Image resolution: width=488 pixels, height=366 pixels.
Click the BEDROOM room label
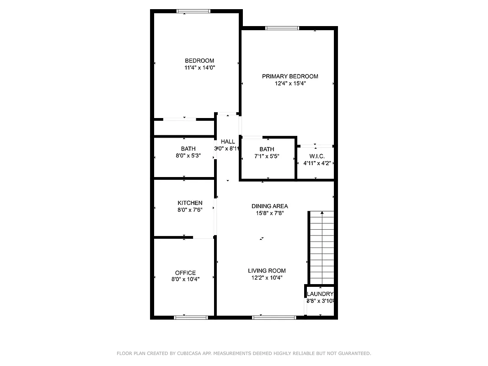[x=199, y=61]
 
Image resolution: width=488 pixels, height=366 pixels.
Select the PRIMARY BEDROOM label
[x=290, y=76]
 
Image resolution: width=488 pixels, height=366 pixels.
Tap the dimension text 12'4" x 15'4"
[x=290, y=84]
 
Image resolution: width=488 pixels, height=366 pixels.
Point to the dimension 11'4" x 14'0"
[x=199, y=68]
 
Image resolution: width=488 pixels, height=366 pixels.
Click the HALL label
[x=227, y=142]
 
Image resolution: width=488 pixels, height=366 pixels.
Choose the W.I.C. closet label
[x=316, y=156]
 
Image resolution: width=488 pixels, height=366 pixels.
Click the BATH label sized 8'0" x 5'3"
[x=188, y=149]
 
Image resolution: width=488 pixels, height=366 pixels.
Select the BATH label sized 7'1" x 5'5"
[x=267, y=149]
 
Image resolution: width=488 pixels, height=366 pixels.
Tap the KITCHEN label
[x=190, y=203]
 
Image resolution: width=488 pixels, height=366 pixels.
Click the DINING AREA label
[x=269, y=206]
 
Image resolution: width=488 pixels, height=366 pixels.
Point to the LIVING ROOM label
[x=267, y=271]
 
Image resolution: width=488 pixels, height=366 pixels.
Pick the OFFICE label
[x=185, y=273]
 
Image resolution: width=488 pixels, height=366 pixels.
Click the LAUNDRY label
[x=320, y=294]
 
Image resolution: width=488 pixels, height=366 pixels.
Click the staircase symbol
[x=322, y=247]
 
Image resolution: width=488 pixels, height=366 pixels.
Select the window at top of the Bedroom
[x=193, y=11]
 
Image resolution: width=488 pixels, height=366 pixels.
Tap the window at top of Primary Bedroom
[x=282, y=28]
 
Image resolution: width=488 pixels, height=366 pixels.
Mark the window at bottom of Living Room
[x=274, y=317]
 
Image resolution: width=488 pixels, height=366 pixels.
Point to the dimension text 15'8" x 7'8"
[x=269, y=213]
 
